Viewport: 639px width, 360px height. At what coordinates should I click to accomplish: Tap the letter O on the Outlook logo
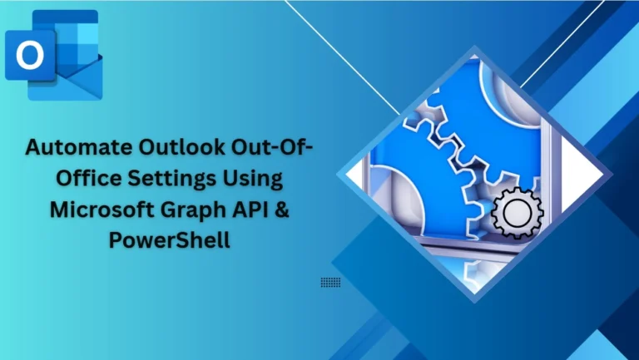pos(31,57)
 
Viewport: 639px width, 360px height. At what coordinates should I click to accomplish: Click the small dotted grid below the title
pos(330,283)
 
